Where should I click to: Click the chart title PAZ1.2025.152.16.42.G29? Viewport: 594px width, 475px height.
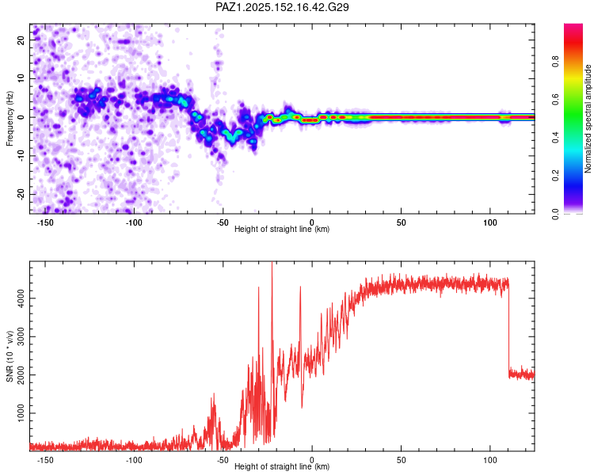pyautogui.click(x=282, y=7)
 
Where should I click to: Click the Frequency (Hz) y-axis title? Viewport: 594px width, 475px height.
pyautogui.click(x=10, y=119)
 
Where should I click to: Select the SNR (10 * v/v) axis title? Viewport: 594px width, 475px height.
pyautogui.click(x=10, y=356)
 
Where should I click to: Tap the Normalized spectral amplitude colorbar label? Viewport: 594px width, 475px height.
pyautogui.click(x=588, y=119)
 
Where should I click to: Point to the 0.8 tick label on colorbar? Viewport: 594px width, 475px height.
pyautogui.click(x=555, y=62)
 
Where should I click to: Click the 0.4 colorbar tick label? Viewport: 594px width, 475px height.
pyautogui.click(x=555, y=137)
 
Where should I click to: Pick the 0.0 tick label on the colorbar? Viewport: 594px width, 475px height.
pyautogui.click(x=555, y=214)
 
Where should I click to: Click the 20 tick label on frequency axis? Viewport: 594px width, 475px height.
pyautogui.click(x=21, y=40)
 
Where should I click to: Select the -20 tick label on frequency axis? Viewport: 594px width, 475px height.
pyautogui.click(x=21, y=195)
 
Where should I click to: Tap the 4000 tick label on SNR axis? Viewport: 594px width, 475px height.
pyautogui.click(x=21, y=298)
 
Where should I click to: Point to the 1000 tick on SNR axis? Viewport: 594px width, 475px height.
pyautogui.click(x=21, y=413)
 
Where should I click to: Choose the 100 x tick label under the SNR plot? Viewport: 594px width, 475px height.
pyautogui.click(x=489, y=460)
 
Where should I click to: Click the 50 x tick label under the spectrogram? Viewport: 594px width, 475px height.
pyautogui.click(x=401, y=222)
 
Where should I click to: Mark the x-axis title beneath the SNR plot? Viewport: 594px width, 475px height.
pyautogui.click(x=282, y=466)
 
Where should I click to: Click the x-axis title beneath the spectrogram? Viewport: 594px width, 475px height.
pyautogui.click(x=282, y=229)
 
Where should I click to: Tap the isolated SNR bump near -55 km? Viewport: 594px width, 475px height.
pyautogui.click(x=212, y=416)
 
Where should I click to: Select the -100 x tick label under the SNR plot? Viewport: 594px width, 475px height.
pyautogui.click(x=134, y=460)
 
